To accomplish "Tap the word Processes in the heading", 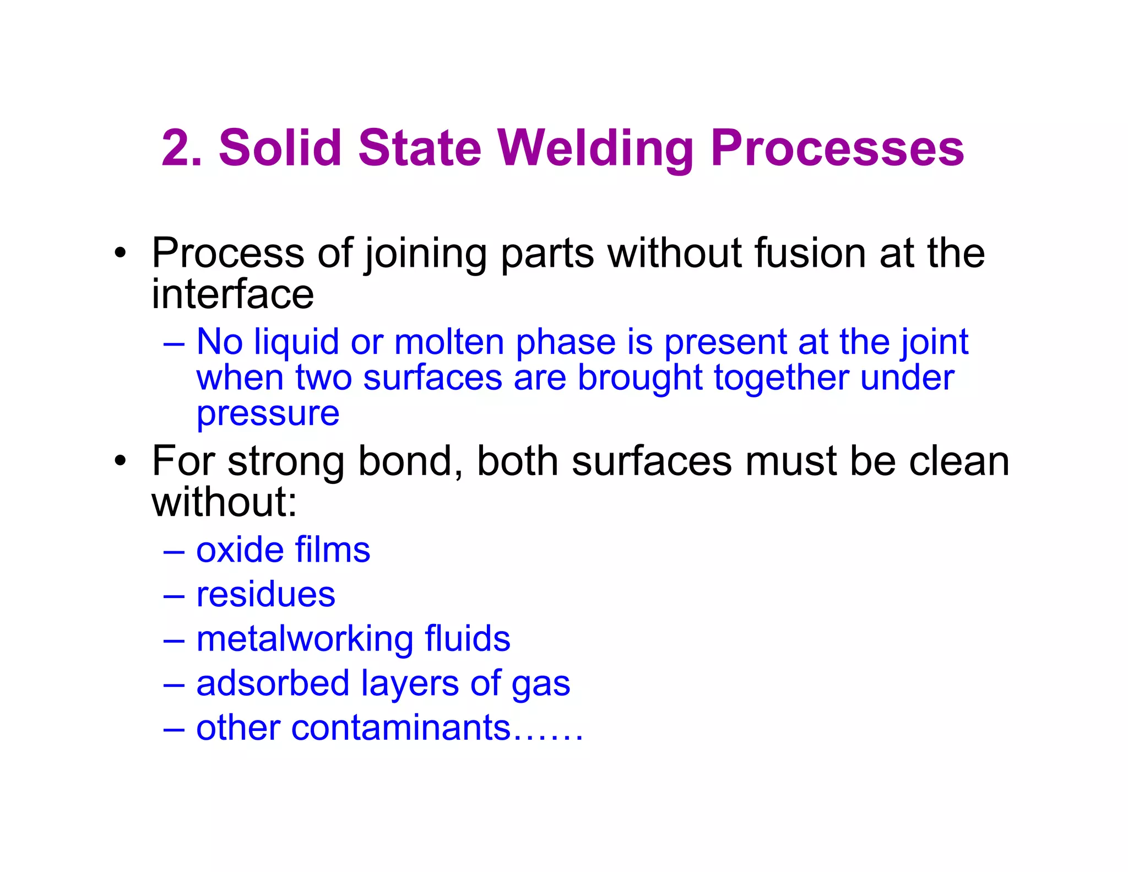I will [x=837, y=148].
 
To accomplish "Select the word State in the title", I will [x=420, y=148].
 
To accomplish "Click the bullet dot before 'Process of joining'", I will [x=121, y=254].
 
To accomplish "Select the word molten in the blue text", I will [x=448, y=342].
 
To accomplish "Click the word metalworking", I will [x=304, y=639].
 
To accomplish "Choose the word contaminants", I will [x=400, y=728].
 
